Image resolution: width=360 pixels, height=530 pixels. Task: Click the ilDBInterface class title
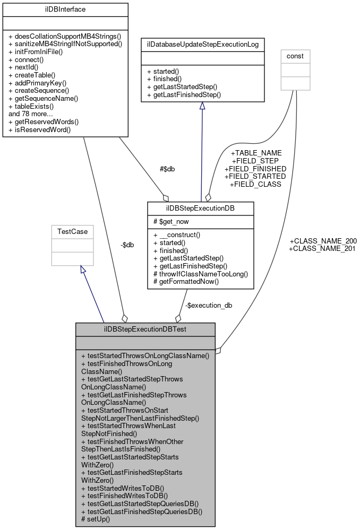click(65, 10)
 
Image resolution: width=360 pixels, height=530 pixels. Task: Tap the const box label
click(296, 56)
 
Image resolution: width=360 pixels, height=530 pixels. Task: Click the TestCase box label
click(72, 232)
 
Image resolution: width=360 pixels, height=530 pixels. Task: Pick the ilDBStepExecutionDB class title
click(201, 207)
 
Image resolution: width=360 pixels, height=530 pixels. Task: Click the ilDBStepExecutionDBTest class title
click(145, 329)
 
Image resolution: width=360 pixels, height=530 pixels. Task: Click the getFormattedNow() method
click(185, 282)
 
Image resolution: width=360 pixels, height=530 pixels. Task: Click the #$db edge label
click(167, 169)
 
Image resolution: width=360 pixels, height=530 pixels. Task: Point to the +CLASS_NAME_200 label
click(322, 240)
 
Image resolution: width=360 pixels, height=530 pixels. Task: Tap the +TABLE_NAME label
click(256, 153)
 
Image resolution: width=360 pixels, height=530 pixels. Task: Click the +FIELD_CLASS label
click(255, 184)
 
